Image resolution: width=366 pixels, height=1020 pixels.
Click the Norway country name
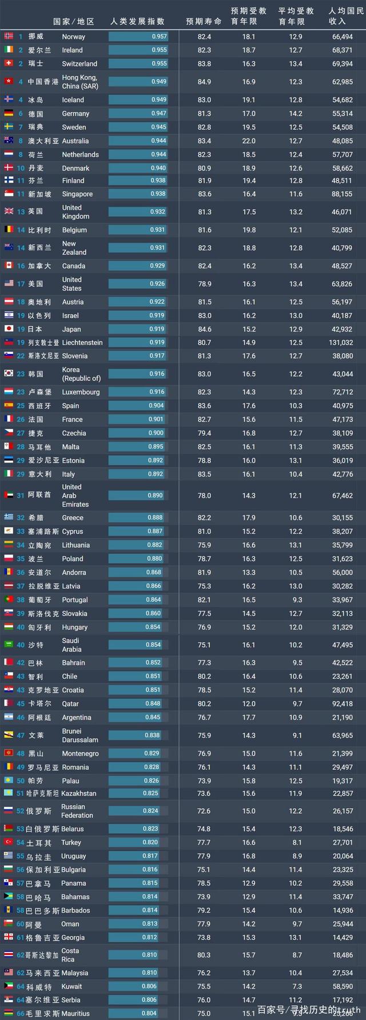click(x=73, y=37)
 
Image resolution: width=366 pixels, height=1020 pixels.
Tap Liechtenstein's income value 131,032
click(x=342, y=343)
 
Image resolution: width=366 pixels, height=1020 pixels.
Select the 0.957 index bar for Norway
click(x=138, y=37)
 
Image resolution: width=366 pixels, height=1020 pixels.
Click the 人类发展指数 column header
click(x=138, y=21)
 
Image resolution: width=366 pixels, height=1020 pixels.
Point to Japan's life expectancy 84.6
click(x=204, y=329)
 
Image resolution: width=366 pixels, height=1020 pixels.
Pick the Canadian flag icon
click(x=9, y=266)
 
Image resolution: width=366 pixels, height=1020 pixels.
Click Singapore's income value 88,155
click(x=342, y=194)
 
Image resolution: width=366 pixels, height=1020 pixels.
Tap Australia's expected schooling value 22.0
click(x=249, y=141)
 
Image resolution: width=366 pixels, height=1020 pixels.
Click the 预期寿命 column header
click(x=204, y=21)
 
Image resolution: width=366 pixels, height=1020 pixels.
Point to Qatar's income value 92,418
click(x=342, y=704)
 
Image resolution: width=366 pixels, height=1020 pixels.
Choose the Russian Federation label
click(x=77, y=811)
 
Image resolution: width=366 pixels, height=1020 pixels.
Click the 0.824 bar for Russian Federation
click(x=138, y=811)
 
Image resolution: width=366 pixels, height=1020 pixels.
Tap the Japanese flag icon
click(x=9, y=329)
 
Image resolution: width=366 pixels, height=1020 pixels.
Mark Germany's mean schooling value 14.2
click(x=296, y=114)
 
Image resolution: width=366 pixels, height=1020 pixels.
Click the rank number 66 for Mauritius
click(x=21, y=1014)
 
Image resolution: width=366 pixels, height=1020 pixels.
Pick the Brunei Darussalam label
click(x=79, y=736)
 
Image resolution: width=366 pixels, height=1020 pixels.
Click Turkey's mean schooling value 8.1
click(x=296, y=843)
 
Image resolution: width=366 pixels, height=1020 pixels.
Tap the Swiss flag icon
click(x=9, y=64)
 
